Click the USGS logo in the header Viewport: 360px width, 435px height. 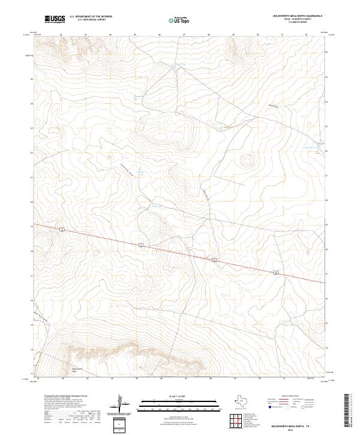[x=55, y=20]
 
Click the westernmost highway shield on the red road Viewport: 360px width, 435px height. [x=62, y=229]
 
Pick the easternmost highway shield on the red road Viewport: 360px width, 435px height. [x=276, y=272]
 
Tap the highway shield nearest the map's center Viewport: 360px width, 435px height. [x=140, y=245]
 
